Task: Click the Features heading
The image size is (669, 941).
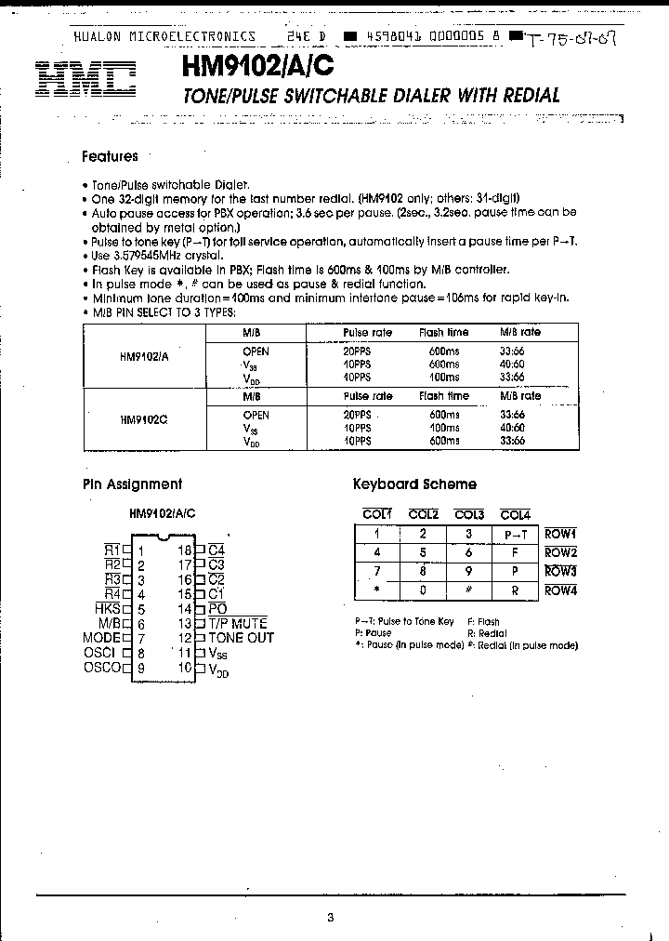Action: tap(110, 157)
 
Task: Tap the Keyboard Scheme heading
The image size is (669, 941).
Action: tap(414, 484)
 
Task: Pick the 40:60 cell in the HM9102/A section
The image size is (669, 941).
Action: tap(512, 365)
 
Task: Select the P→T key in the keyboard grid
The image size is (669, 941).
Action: tap(516, 535)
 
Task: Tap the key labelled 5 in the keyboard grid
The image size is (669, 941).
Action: tap(423, 553)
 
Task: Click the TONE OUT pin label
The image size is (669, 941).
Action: tap(241, 638)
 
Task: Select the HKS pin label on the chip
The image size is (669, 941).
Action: tap(108, 608)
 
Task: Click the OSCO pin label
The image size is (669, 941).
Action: tap(102, 668)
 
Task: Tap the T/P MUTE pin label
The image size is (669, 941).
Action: tap(237, 623)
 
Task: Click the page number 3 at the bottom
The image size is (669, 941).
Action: tap(330, 917)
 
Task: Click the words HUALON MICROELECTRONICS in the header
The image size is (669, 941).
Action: tap(164, 36)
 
